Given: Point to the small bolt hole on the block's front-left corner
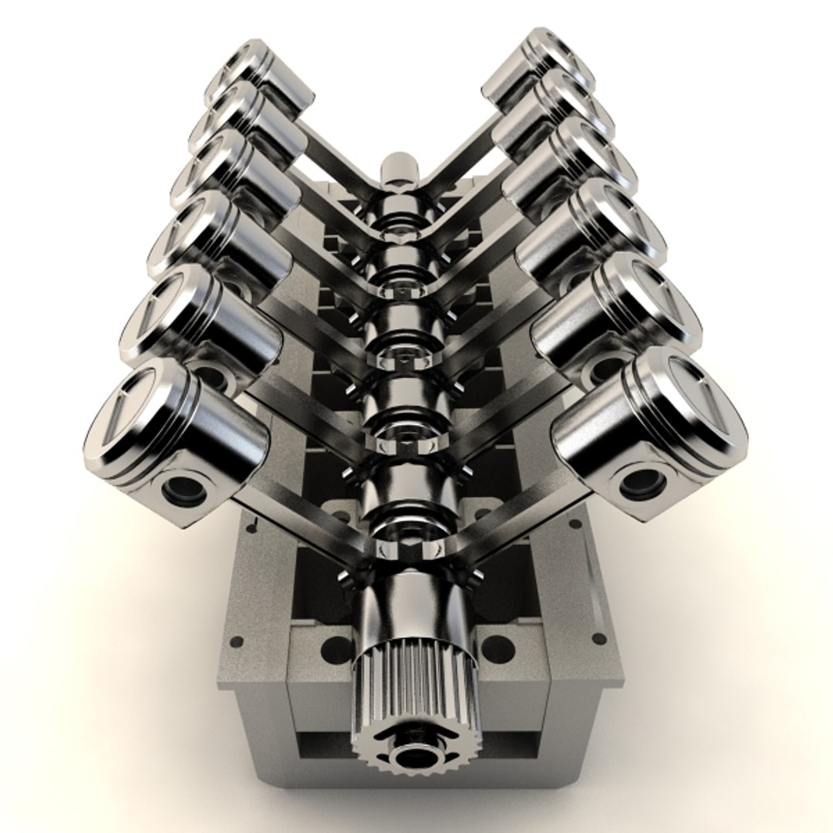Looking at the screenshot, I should (x=237, y=641).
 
